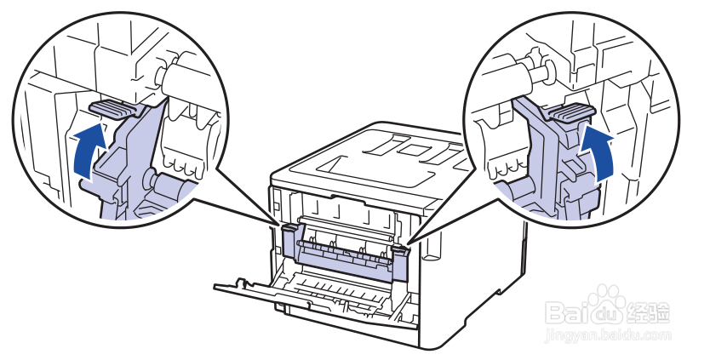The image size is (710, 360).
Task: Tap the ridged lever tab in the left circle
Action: (114, 108)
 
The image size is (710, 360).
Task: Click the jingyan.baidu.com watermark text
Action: (608, 335)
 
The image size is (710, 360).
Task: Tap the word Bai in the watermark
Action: (566, 312)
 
